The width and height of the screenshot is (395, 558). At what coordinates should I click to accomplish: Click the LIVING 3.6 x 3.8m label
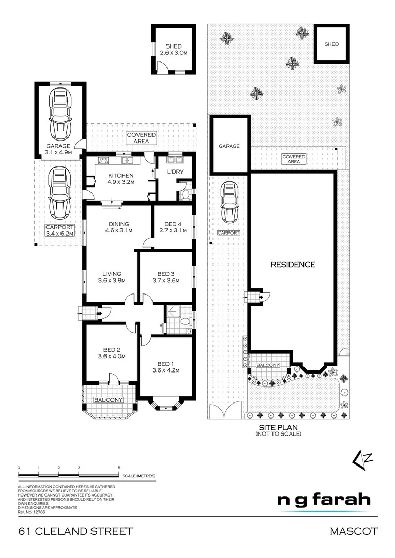pyautogui.click(x=112, y=277)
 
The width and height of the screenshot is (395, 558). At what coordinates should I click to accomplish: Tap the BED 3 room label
pyautogui.click(x=166, y=277)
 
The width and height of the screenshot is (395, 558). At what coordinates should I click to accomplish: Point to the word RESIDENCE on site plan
pyautogui.click(x=293, y=265)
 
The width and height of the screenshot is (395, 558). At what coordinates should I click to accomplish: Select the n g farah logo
pyautogui.click(x=324, y=500)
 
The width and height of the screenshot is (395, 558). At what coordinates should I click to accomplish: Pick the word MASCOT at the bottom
pyautogui.click(x=354, y=531)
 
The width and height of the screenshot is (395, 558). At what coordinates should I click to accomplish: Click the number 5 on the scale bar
pyautogui.click(x=119, y=467)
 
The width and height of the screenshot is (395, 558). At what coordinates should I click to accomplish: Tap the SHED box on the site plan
pyautogui.click(x=331, y=45)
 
